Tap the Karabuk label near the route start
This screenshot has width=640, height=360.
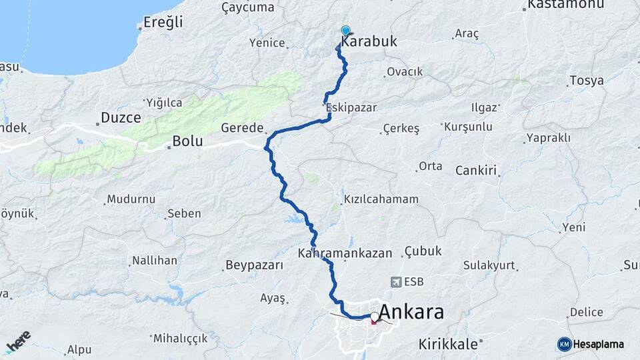pos(369,41)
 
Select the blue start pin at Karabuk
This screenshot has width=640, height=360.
pos(345,31)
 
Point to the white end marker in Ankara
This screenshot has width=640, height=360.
pos(375,317)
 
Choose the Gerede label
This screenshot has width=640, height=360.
pos(243,128)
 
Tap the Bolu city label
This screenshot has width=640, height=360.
pos(187,141)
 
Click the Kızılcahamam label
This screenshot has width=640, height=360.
pos(381,199)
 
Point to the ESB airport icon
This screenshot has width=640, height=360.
pos(398,282)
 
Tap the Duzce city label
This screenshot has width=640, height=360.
pos(121,118)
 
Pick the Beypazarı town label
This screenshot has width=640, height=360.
pos(255,265)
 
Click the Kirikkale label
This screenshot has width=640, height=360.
pos(449,344)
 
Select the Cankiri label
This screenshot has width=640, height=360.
pos(477,171)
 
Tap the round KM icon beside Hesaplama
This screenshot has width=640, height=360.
pos(564,344)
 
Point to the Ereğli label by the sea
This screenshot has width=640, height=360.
pos(163,23)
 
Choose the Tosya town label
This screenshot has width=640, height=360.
pos(587,81)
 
